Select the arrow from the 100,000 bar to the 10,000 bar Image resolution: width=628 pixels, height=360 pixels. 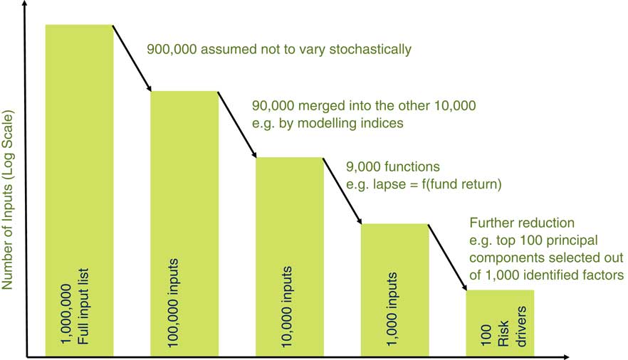coord(236,125)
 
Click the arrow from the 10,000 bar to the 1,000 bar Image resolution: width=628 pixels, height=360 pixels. coord(342,191)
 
